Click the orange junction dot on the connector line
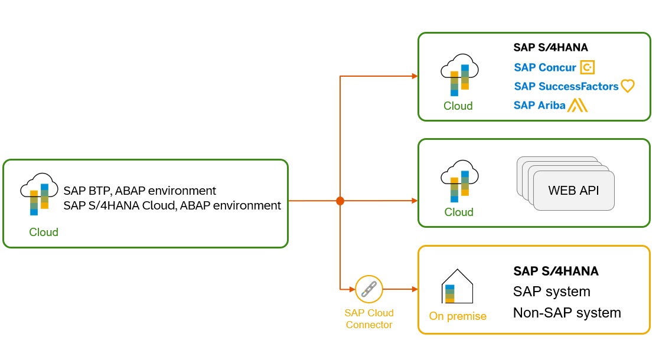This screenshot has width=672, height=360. pos(340,201)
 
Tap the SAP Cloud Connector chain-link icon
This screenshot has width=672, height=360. pos(369,289)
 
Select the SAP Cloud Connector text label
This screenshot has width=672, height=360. pos(369,319)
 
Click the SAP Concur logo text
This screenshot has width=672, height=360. pos(545,67)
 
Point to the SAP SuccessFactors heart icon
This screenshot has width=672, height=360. pos(627,86)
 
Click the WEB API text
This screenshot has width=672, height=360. pos(573,191)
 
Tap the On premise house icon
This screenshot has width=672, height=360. pos(458,287)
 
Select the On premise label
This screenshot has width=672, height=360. pos(458,316)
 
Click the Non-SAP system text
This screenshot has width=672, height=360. pos(567,313)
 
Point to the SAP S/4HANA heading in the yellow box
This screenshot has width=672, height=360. pos(556,271)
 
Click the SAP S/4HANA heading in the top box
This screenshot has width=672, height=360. pos(550,48)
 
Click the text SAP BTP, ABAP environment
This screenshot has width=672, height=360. pos(140,191)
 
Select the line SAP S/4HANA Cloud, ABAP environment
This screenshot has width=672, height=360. pos(172,206)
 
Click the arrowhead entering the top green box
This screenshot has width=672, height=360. pos(415,76)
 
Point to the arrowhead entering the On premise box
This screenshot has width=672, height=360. pos(415,289)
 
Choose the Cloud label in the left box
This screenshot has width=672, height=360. pos(44,232)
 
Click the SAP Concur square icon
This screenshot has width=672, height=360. pos(587,67)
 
